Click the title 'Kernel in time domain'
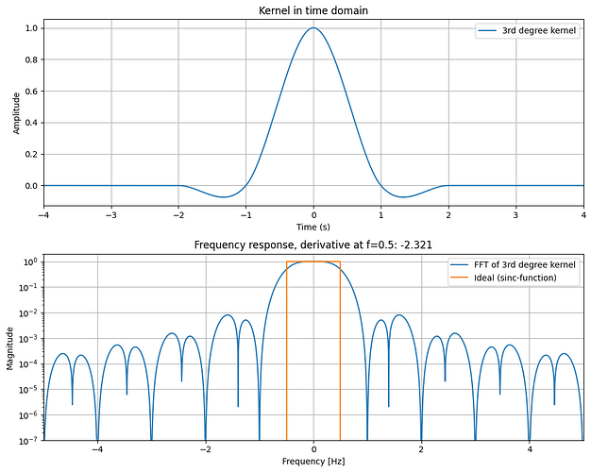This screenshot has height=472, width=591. click(x=313, y=9)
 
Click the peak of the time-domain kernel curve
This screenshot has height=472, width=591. click(x=313, y=28)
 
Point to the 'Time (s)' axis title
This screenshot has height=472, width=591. click(x=313, y=228)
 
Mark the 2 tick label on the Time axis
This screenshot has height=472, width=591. click(x=447, y=215)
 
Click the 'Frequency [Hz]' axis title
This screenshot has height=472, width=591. click(x=313, y=463)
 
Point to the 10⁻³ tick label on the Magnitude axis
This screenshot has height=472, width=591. click(x=28, y=338)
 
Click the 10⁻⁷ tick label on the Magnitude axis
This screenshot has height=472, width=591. click(x=28, y=441)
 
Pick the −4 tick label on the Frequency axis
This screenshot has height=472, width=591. click(x=95, y=450)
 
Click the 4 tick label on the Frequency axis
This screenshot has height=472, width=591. click(x=530, y=450)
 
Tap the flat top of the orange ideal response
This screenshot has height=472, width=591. click(x=313, y=261)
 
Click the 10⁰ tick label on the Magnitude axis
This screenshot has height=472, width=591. click(x=29, y=261)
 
